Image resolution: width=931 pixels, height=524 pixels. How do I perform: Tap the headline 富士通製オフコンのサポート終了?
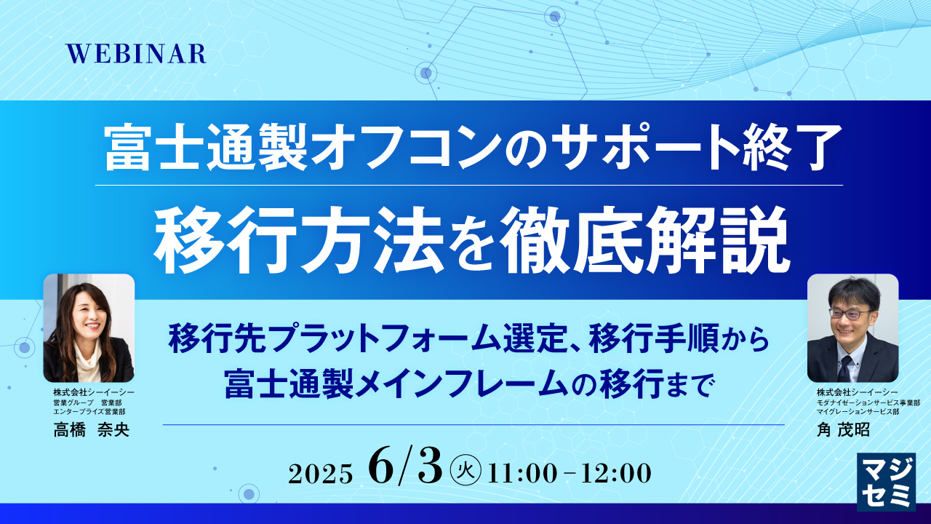click(468, 148)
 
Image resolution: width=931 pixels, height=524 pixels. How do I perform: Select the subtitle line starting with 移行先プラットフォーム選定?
click(468, 339)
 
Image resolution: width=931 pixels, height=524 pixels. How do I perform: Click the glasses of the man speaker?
click(850, 314)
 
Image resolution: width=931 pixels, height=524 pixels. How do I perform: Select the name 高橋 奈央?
click(91, 429)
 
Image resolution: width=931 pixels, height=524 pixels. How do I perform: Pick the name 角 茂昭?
click(843, 430)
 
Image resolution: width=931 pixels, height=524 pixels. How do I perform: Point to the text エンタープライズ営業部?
click(91, 412)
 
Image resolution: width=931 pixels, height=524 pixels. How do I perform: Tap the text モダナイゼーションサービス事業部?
click(868, 402)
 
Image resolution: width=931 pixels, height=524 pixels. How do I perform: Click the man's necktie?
click(844, 367)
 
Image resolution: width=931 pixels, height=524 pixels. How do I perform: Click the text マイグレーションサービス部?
click(858, 412)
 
